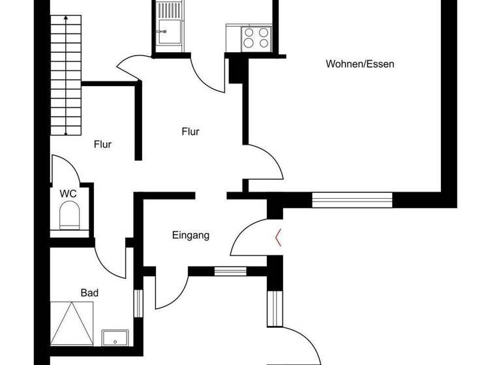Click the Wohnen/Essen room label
click(x=360, y=64)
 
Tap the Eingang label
click(x=190, y=235)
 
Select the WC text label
click(x=68, y=194)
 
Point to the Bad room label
click(x=89, y=293)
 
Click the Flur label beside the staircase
click(x=102, y=145)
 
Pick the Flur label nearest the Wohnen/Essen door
click(x=190, y=132)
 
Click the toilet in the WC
click(x=68, y=216)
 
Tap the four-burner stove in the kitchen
click(x=255, y=37)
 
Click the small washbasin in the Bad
click(x=115, y=338)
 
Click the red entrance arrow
click(x=279, y=237)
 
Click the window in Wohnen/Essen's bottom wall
click(x=352, y=199)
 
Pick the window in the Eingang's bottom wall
click(x=227, y=272)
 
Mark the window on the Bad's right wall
click(x=138, y=302)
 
